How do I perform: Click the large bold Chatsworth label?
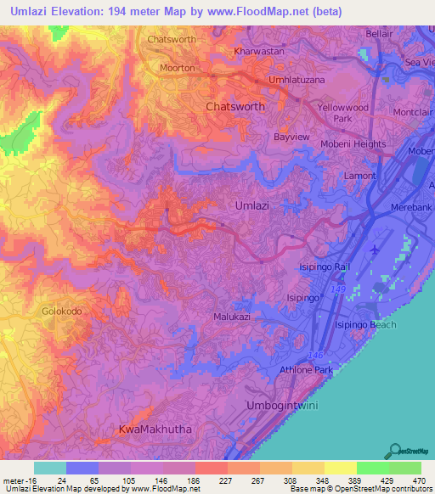tap(235, 107)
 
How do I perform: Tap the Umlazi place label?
tap(252, 205)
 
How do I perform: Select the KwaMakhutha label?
tap(155, 429)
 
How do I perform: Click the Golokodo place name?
tap(62, 312)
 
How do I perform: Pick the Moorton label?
tap(178, 68)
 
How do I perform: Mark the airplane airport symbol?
tap(377, 250)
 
